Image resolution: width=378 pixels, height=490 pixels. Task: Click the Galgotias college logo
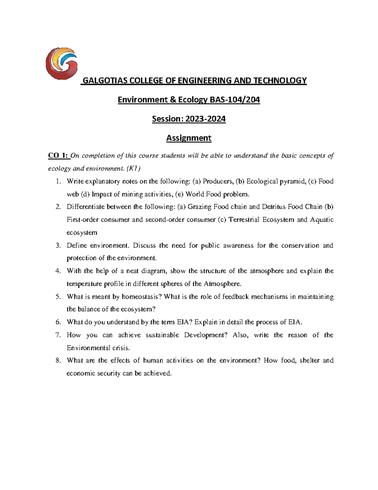point(61,63)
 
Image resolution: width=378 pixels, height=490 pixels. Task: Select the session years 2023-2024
point(205,119)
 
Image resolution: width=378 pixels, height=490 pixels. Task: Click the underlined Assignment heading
point(189,138)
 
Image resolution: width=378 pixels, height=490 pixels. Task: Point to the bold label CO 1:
point(58,156)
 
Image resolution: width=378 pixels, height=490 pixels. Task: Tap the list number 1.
point(57,181)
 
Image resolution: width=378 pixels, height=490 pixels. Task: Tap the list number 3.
point(58,245)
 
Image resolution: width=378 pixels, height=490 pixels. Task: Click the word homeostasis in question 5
point(142,297)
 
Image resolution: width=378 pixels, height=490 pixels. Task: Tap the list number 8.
point(58,361)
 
